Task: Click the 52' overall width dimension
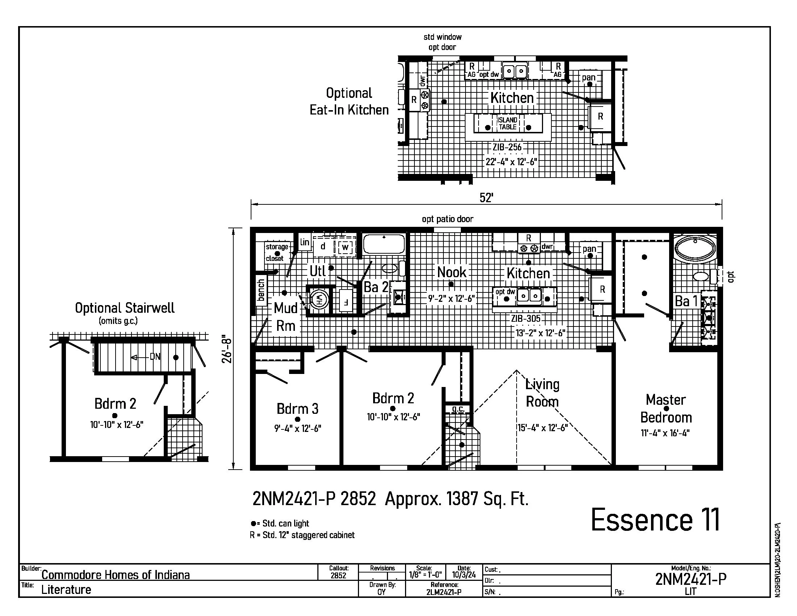coord(487,198)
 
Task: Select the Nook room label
coord(452,272)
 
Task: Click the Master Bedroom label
coord(666,408)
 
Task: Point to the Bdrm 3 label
coord(297,409)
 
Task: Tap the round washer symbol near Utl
coord(318,300)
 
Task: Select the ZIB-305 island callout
coord(526,319)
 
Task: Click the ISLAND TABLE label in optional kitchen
coord(508,123)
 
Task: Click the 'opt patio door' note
coord(448,219)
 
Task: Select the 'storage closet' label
coord(277,253)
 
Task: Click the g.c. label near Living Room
coord(458,409)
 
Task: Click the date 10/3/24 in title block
coord(464,575)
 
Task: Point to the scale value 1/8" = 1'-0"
coord(425,575)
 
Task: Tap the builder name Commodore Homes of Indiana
coord(116,575)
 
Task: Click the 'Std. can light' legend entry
coord(280,523)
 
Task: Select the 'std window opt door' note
coord(442,42)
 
